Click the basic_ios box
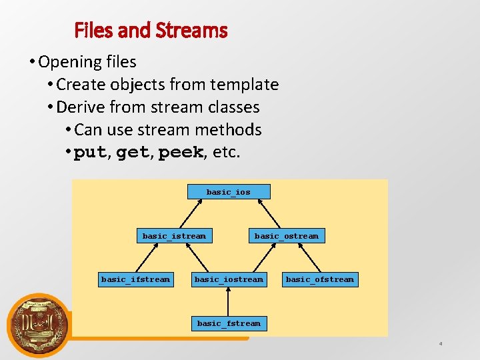[229, 192]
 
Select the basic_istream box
[174, 235]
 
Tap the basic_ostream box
[286, 235]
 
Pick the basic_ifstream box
[135, 279]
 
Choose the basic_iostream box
[229, 279]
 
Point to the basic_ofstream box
[320, 279]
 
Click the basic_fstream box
[229, 323]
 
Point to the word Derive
[81, 107]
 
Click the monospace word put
[89, 153]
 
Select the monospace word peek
[180, 153]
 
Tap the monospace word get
[132, 153]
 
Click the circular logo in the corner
[37, 325]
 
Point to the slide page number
[441, 344]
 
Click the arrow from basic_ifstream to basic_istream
[152, 257]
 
